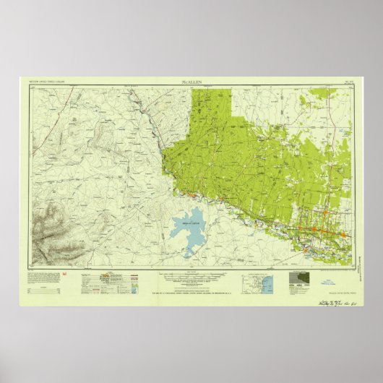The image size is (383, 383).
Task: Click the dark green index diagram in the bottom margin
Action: tap(299, 280)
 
